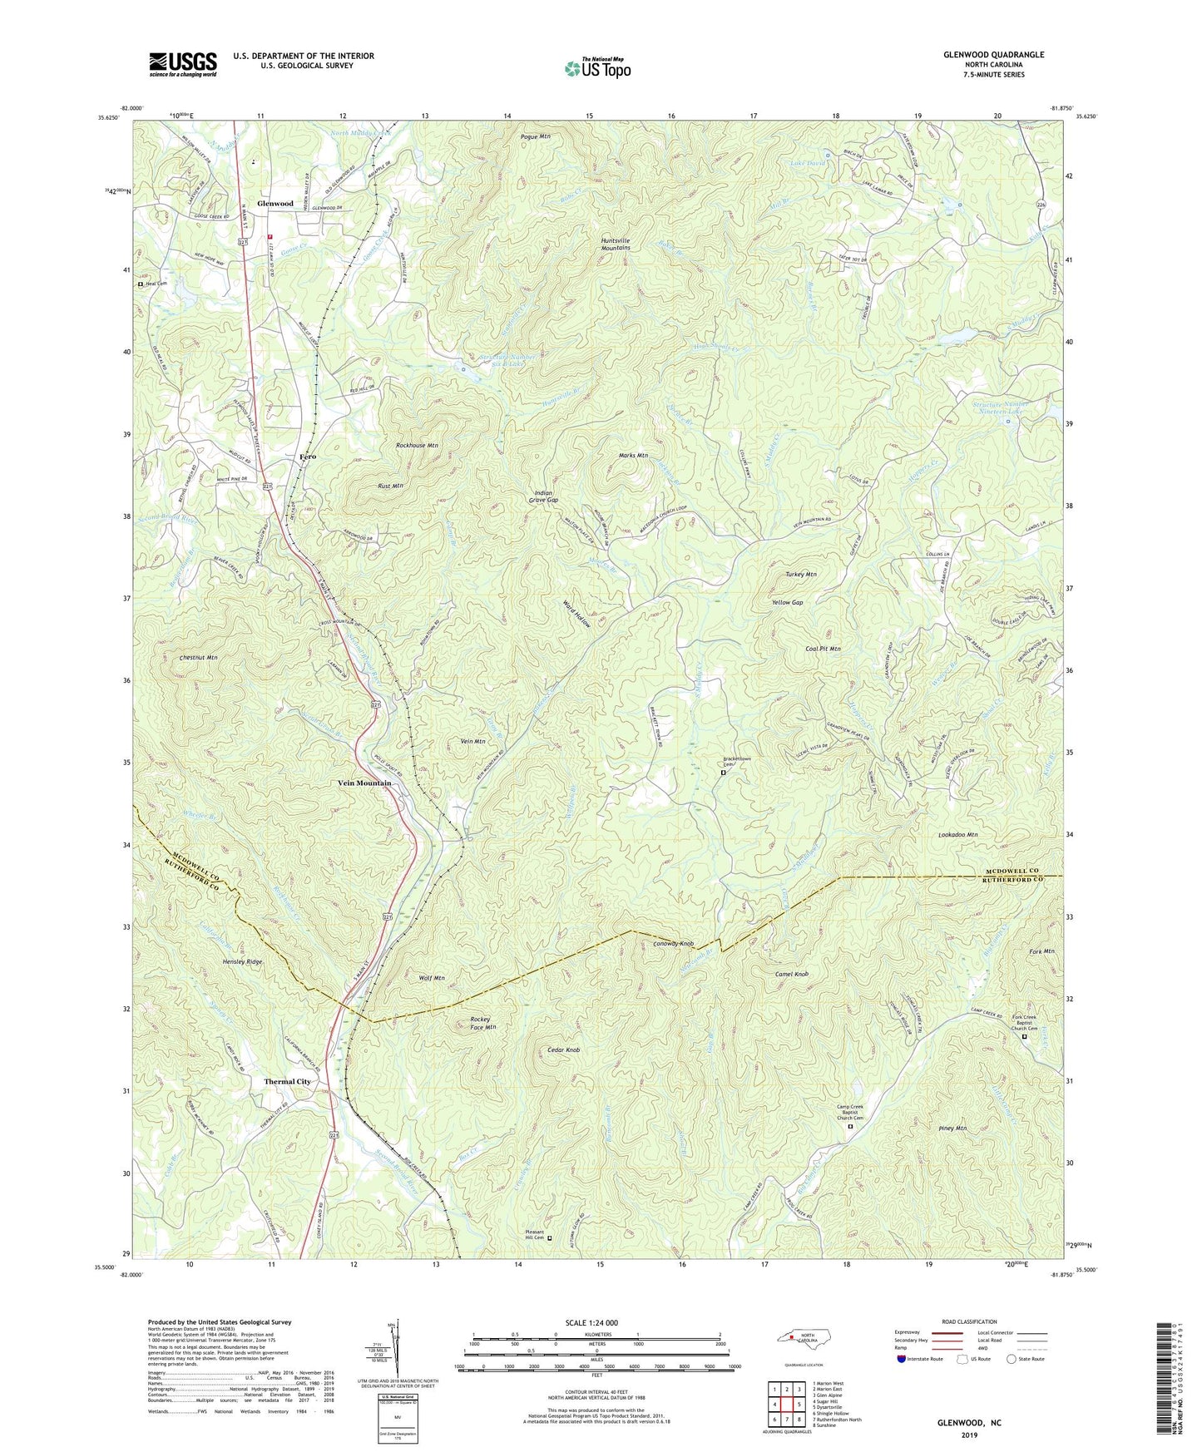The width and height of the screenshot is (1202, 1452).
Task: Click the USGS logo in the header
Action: pos(182,64)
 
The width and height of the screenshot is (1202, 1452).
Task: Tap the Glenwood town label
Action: pos(275,204)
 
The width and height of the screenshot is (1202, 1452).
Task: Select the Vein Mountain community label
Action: pos(364,783)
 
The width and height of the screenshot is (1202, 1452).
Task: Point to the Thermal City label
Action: pos(287,1082)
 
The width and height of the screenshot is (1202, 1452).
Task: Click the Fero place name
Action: pos(308,457)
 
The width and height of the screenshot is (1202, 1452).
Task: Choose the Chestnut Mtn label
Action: pos(198,658)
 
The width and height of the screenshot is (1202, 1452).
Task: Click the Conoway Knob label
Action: pos(673,944)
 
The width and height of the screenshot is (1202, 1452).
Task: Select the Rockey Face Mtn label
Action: pos(483,1023)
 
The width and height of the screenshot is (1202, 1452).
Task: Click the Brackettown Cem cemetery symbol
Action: pos(722,773)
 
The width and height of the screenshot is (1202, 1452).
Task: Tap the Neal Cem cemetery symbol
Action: pos(140,284)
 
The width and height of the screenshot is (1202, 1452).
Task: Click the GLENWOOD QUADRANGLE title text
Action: pos(993,55)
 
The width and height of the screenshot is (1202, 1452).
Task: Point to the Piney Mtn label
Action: pos(952,1129)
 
